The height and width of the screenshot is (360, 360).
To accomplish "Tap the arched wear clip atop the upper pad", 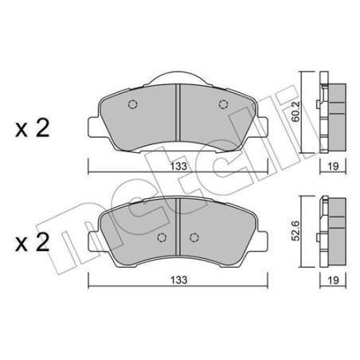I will [x=178, y=76].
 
